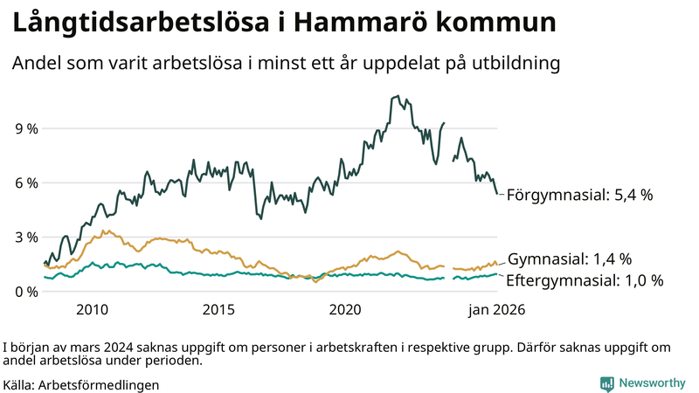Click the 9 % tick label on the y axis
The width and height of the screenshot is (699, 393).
[x=26, y=128]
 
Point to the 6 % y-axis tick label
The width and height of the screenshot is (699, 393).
[x=26, y=183]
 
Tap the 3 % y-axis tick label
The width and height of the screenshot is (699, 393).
[x=26, y=237]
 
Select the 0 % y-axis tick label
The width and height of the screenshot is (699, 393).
[x=26, y=291]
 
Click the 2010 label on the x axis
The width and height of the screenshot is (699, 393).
[x=92, y=309]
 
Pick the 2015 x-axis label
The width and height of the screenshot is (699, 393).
[x=218, y=309]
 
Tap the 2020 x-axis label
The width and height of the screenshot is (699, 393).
[x=345, y=309]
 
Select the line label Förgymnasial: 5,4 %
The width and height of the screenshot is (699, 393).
[x=579, y=195]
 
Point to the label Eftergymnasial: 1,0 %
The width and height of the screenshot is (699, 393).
[x=585, y=280]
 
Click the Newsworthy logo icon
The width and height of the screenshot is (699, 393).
[x=606, y=383]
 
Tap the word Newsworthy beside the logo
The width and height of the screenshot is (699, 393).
[x=652, y=383]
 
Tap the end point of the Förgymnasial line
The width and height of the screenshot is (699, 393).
[x=497, y=194]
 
